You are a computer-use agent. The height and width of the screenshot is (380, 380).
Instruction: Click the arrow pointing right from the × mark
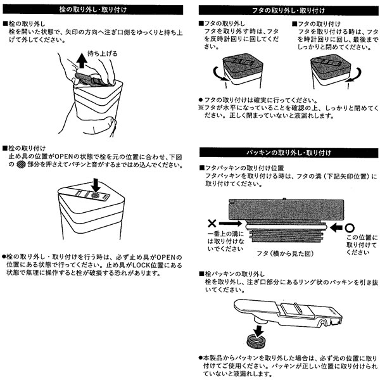point(231,224)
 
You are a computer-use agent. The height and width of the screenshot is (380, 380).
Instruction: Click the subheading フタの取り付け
point(317,23)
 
